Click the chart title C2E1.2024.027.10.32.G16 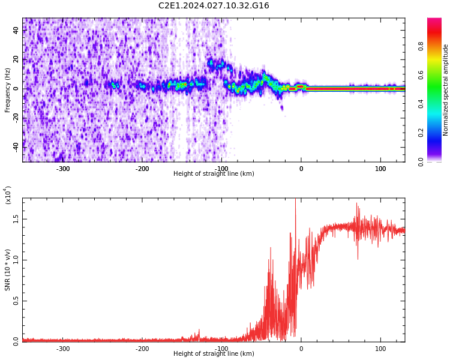pos(214,6)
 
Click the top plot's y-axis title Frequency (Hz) pos(8,89)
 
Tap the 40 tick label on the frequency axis pos(16,30)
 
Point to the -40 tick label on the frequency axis pos(15,145)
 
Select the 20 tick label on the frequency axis pos(16,59)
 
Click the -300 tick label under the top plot pos(63,169)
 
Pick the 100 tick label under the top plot pos(380,169)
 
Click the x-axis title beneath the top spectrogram pos(214,174)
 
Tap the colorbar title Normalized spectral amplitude pos(446,89)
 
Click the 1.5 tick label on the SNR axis pos(16,219)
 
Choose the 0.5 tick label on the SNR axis pos(16,301)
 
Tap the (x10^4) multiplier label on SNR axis pos(8,195)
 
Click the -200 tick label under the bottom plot pos(142,349)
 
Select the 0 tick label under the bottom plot pos(301,349)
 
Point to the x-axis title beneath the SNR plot pos(214,354)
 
